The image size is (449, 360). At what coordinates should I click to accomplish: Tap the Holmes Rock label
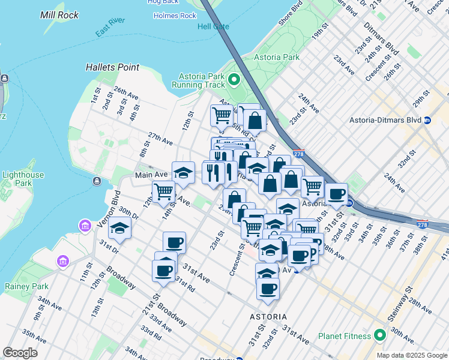pos(175,16)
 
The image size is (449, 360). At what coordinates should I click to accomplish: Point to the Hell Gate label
pos(213,26)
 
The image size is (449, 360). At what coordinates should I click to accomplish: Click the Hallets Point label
pos(112,68)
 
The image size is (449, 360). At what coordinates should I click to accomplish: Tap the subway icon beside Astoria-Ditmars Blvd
pos(427,120)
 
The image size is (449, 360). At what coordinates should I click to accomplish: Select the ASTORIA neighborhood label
pos(268,316)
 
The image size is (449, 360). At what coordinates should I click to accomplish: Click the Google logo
pos(20,352)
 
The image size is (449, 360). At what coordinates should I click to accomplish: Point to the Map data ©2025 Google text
pos(412,355)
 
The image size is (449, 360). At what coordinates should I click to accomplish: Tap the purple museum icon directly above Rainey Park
pos(62,262)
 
